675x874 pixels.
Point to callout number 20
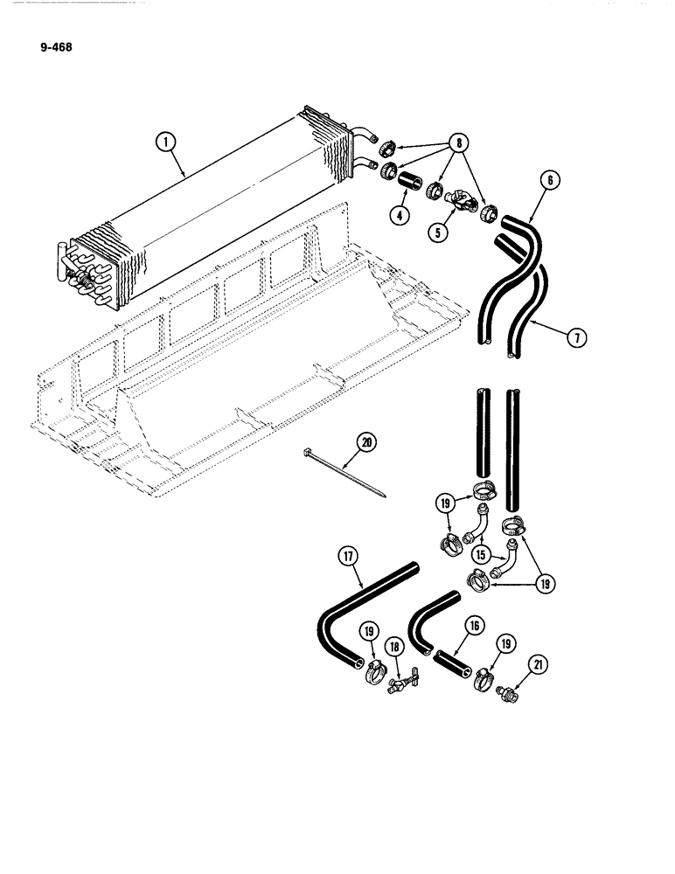pyautogui.click(x=365, y=444)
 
